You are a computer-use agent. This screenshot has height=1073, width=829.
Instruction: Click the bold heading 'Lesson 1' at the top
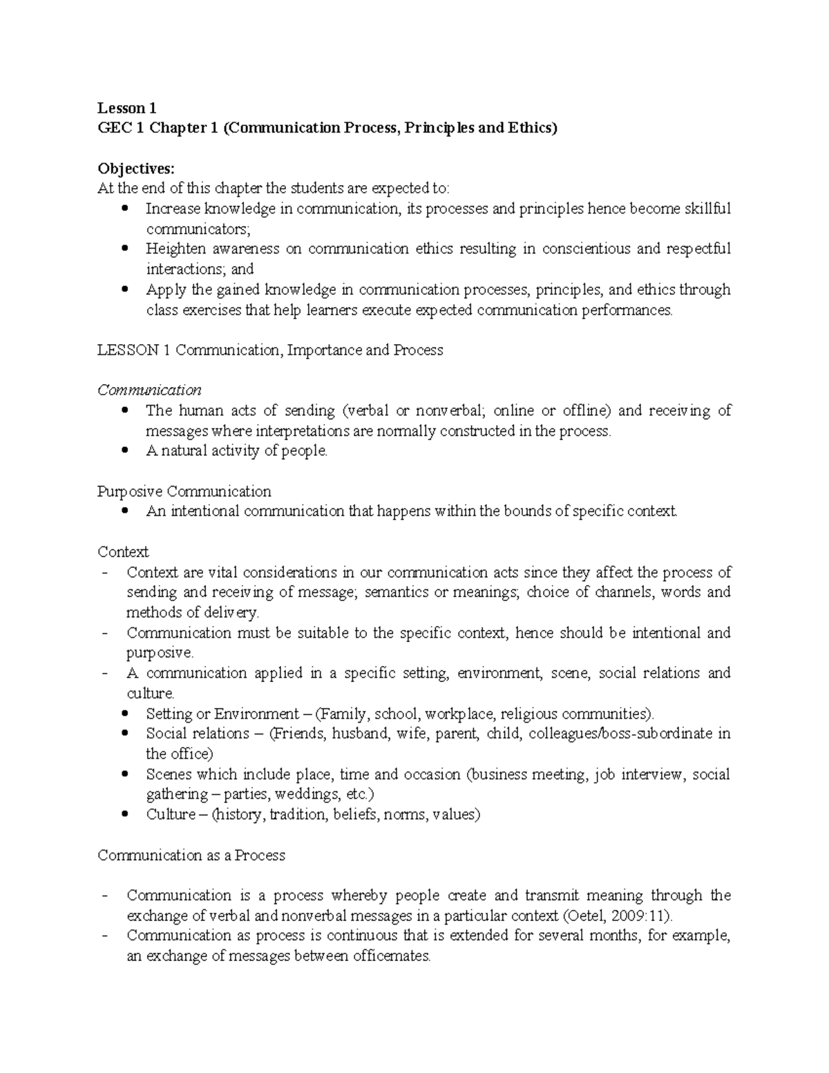point(127,108)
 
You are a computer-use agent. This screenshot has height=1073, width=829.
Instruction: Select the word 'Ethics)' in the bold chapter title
point(531,128)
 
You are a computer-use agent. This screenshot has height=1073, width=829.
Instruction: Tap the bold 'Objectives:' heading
point(137,169)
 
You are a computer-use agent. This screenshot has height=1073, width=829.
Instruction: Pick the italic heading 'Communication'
point(149,390)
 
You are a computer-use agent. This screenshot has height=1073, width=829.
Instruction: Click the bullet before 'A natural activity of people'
point(124,450)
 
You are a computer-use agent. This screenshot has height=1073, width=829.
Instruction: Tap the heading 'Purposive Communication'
point(184,491)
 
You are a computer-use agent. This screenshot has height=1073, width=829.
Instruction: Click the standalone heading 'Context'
point(123,552)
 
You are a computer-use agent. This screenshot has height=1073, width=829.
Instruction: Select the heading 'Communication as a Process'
point(191,855)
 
